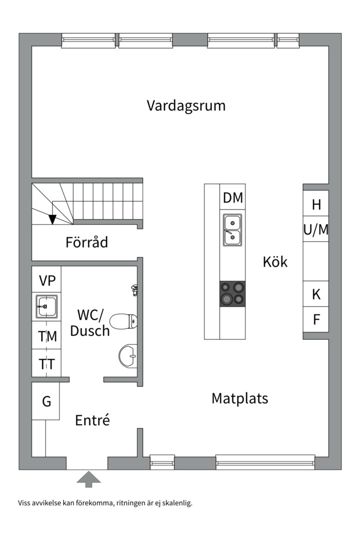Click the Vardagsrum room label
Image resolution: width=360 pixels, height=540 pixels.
pyautogui.click(x=186, y=106)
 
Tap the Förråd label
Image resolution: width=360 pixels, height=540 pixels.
pyautogui.click(x=87, y=242)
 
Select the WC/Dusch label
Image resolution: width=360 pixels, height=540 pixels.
pyautogui.click(x=90, y=322)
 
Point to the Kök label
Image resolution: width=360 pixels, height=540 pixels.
pyautogui.click(x=275, y=261)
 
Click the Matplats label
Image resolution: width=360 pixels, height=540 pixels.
pyautogui.click(x=239, y=398)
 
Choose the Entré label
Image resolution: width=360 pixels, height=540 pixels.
pyautogui.click(x=92, y=420)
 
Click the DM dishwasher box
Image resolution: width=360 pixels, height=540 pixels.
pyautogui.click(x=232, y=198)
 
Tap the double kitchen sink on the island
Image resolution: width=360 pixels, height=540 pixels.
pyautogui.click(x=232, y=229)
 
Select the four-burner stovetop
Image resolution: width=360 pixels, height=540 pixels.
pyautogui.click(x=232, y=293)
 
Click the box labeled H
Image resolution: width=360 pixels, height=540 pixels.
pyautogui.click(x=316, y=204)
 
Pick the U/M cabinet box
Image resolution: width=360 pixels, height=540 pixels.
pyautogui.click(x=316, y=229)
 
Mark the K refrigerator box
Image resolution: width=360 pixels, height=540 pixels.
pyautogui.click(x=316, y=294)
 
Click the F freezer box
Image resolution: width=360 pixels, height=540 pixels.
pyautogui.click(x=316, y=319)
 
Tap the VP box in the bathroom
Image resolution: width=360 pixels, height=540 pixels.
pyautogui.click(x=47, y=279)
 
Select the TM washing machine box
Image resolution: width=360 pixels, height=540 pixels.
pyautogui.click(x=47, y=336)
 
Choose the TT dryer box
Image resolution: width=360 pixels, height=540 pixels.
pyautogui.click(x=47, y=363)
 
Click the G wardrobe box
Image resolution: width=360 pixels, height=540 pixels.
pyautogui.click(x=46, y=401)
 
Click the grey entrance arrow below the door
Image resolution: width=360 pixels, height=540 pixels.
pyautogui.click(x=88, y=479)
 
